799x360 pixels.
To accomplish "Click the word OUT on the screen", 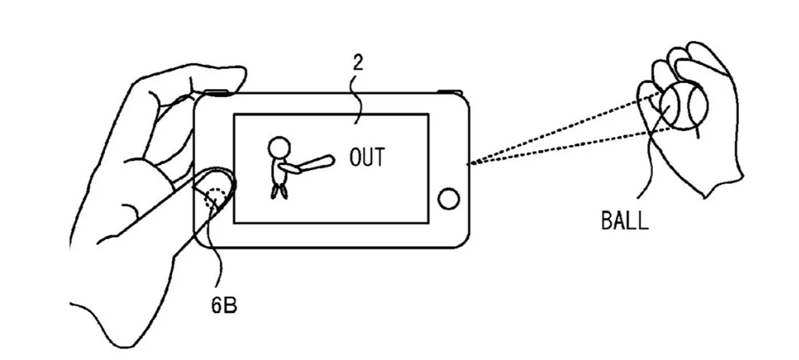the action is (x=367, y=157).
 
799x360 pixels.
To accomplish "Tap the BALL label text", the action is (x=624, y=220).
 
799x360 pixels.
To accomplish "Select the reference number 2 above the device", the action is (x=358, y=62).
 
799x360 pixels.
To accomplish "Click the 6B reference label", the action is (x=224, y=305).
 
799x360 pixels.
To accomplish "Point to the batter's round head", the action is (x=279, y=147).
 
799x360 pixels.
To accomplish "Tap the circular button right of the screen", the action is (x=449, y=198).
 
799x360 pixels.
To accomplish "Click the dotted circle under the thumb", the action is (x=215, y=198).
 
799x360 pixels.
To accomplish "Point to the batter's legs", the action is (x=279, y=191).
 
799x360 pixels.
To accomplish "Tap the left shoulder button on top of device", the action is (x=217, y=93).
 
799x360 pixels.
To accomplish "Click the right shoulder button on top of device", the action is (x=450, y=92).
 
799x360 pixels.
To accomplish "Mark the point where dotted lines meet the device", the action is (x=470, y=164).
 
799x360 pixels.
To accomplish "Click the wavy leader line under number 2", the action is (x=357, y=99).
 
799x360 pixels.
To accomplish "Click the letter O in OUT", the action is (x=355, y=157).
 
